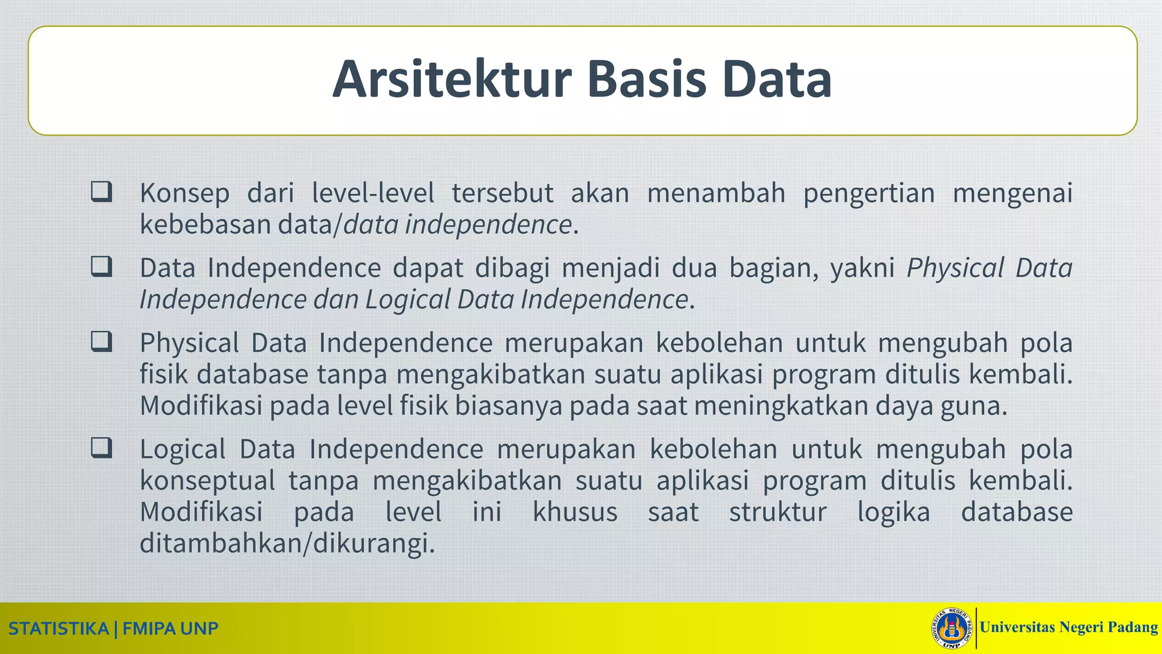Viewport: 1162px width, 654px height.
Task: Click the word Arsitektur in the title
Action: (452, 79)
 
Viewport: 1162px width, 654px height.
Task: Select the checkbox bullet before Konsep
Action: (101, 192)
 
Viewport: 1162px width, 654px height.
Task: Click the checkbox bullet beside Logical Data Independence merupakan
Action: (101, 448)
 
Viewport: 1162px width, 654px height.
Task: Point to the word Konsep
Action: (184, 194)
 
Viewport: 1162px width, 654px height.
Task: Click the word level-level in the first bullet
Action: (373, 192)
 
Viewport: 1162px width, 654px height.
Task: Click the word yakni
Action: (863, 268)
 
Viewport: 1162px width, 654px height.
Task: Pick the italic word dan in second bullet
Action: (336, 300)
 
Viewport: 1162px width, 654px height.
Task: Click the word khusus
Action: (574, 512)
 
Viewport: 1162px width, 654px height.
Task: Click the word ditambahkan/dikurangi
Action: (287, 544)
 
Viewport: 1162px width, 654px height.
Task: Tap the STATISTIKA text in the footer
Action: (58, 629)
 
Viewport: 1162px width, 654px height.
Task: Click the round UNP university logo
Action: (952, 628)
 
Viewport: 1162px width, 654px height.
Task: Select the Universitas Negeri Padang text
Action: (1068, 627)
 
